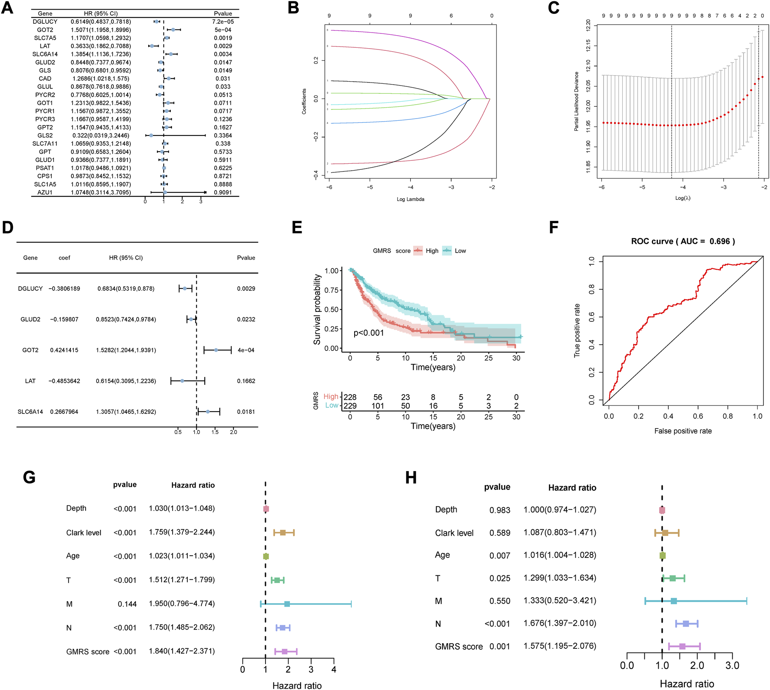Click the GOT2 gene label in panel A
45,30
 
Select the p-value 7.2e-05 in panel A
223,22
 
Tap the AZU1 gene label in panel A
45,192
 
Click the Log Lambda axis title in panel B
410,199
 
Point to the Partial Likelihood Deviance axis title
577,101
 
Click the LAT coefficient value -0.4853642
64,381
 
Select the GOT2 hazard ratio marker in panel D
216,350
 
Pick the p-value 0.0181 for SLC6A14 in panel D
246,412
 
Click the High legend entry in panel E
431,251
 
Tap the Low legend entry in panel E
460,251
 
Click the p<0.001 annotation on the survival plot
368,333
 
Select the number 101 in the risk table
378,406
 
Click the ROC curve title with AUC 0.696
683,241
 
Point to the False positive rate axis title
683,431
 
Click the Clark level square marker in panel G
283,533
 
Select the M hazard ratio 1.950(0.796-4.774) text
182,604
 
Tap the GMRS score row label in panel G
88,651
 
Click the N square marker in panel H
686,624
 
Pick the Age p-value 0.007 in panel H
500,556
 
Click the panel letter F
554,228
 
